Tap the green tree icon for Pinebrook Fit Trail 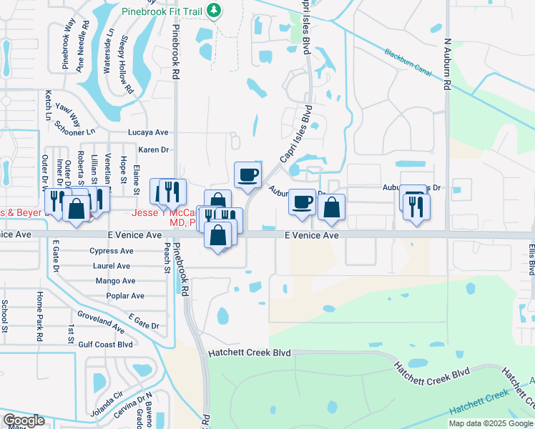(213, 10)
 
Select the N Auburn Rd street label (447, 64)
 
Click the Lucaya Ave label (147, 132)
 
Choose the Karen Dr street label (153, 149)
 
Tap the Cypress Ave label (112, 251)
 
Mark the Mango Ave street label (115, 281)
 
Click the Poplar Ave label (124, 295)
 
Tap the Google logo (24, 420)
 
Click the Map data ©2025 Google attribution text (490, 423)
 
